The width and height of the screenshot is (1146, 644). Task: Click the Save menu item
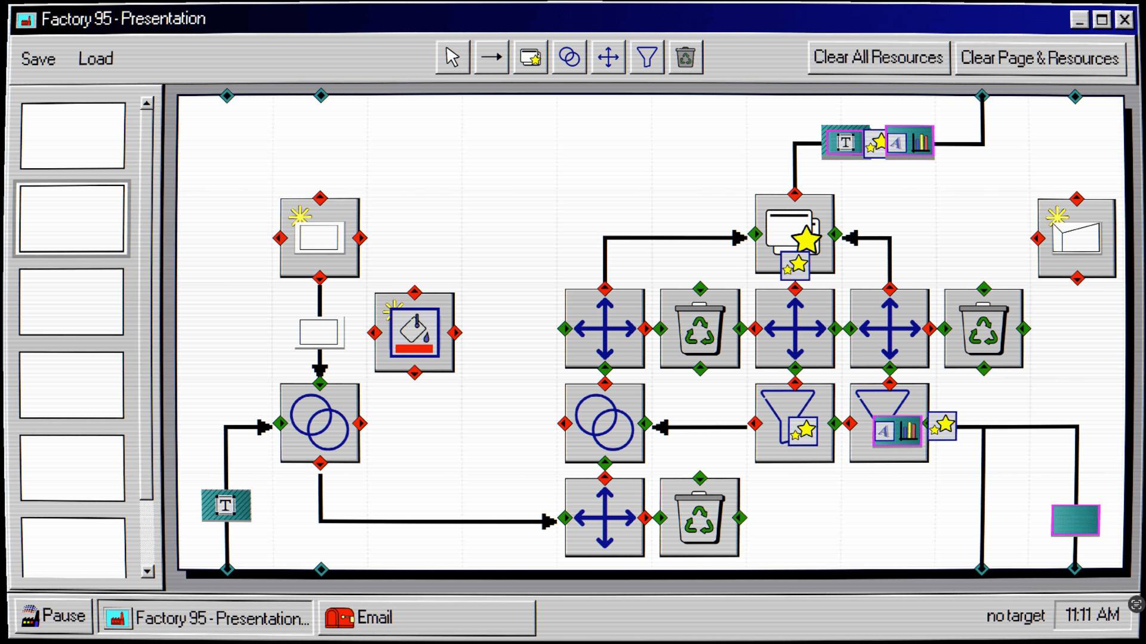click(x=38, y=58)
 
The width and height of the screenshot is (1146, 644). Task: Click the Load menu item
click(x=95, y=58)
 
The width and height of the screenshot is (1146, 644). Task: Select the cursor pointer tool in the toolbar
click(x=452, y=57)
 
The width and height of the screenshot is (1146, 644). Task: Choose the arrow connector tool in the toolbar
click(x=492, y=57)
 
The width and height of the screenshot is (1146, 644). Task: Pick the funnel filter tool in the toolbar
click(x=646, y=57)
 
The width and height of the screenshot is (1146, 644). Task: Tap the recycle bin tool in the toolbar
click(x=685, y=57)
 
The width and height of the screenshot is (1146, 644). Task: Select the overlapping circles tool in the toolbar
click(x=569, y=57)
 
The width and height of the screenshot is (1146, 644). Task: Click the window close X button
click(x=1125, y=20)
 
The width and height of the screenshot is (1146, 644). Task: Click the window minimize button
click(x=1079, y=20)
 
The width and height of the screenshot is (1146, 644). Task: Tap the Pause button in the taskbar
click(x=54, y=616)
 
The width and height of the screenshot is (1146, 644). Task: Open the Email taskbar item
click(x=426, y=618)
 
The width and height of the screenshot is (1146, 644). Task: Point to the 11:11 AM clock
click(x=1092, y=615)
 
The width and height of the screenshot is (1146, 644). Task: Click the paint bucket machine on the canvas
click(x=414, y=332)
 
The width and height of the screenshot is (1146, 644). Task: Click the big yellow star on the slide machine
click(x=806, y=239)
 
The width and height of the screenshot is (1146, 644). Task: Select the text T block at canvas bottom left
click(x=226, y=506)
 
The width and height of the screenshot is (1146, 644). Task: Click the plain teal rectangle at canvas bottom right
click(x=1075, y=520)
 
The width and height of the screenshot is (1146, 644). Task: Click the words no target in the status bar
click(x=1015, y=615)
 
